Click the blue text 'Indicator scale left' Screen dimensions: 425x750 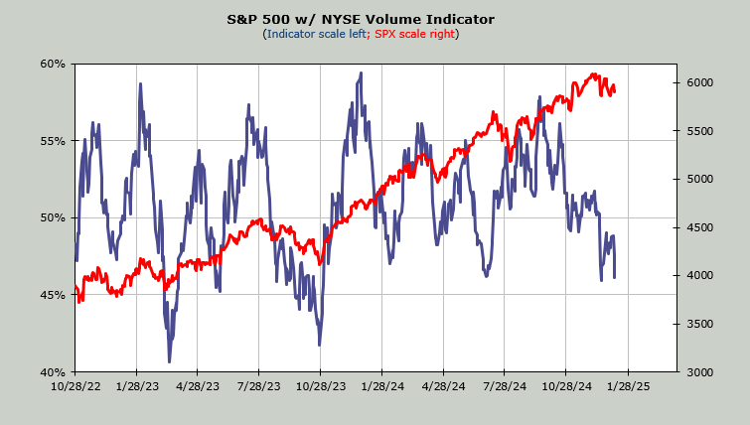pyautogui.click(x=314, y=34)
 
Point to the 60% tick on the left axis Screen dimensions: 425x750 pyautogui.click(x=53, y=65)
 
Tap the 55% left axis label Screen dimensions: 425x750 pyautogui.click(x=53, y=141)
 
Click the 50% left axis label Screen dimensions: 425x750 pyautogui.click(x=53, y=217)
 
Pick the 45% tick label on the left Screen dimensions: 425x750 pyautogui.click(x=53, y=295)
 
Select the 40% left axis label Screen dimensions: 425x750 pyautogui.click(x=53, y=371)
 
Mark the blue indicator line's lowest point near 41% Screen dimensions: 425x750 pyautogui.click(x=169, y=360)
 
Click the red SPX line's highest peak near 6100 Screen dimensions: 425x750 pyautogui.click(x=594, y=74)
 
